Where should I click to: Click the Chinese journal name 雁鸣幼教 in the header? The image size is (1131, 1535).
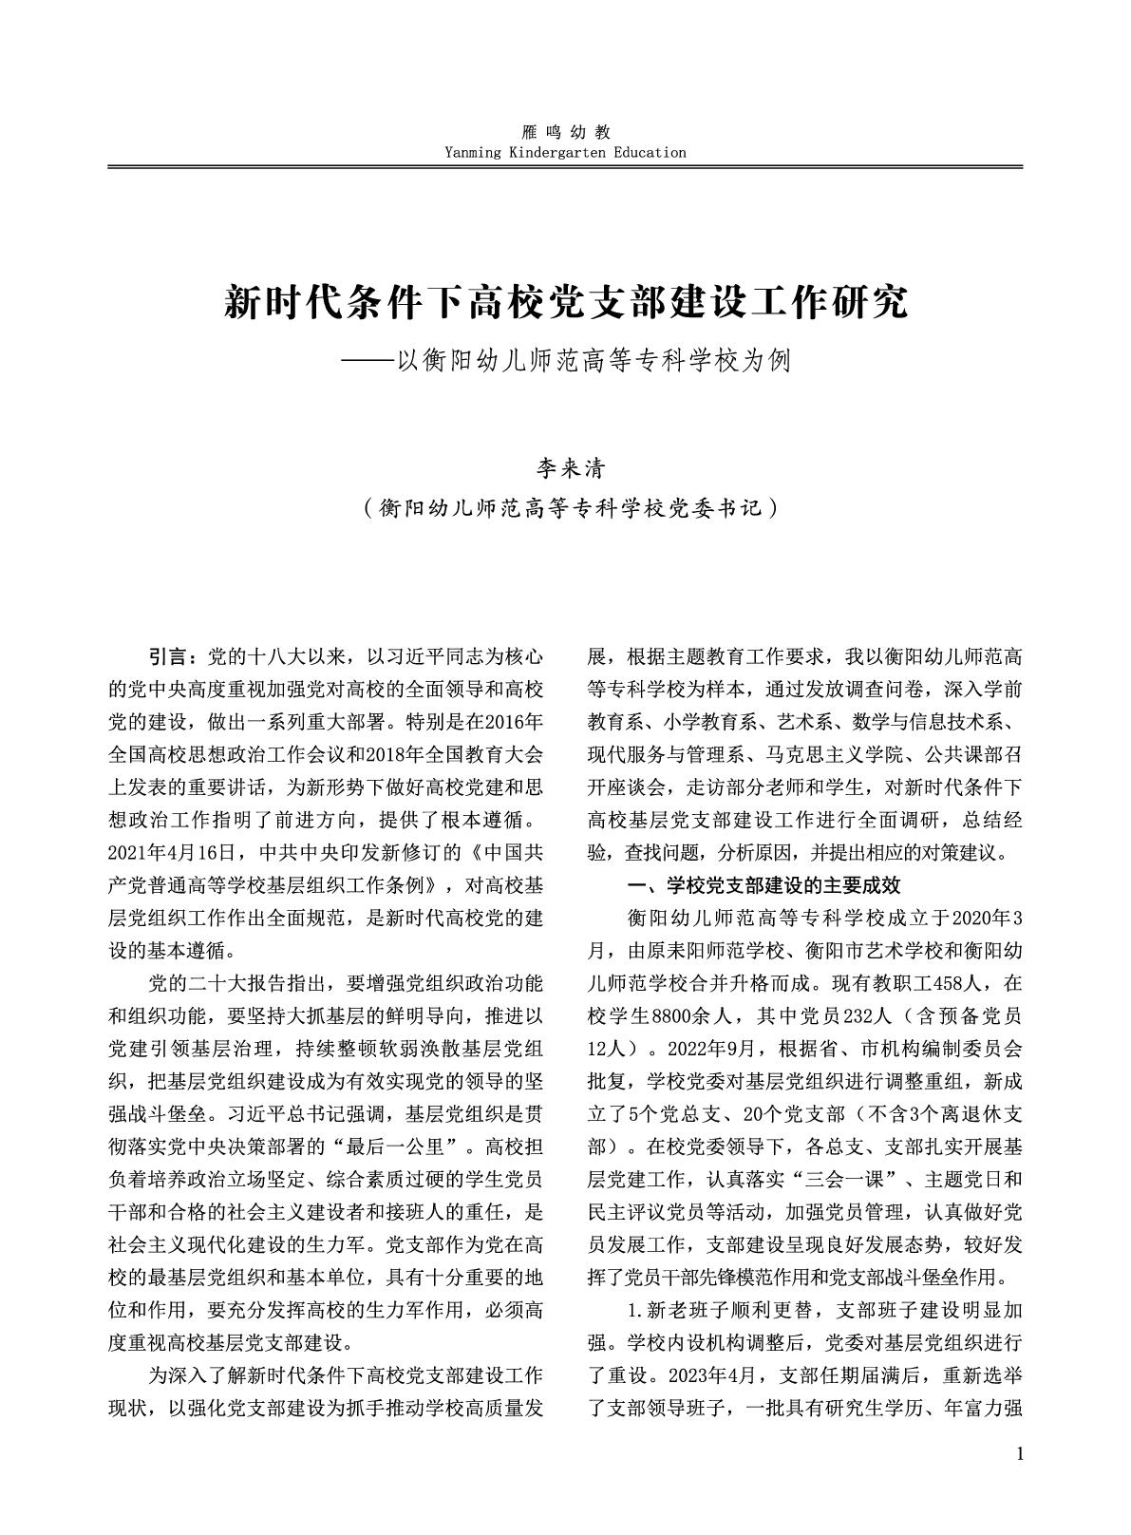[564, 133]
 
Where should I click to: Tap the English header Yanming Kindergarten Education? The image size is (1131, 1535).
[564, 152]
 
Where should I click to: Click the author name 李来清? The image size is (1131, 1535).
[566, 468]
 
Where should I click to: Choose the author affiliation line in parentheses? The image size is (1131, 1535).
[566, 509]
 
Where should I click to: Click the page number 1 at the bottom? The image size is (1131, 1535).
[1019, 1481]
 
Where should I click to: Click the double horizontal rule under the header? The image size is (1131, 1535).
[564, 168]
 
